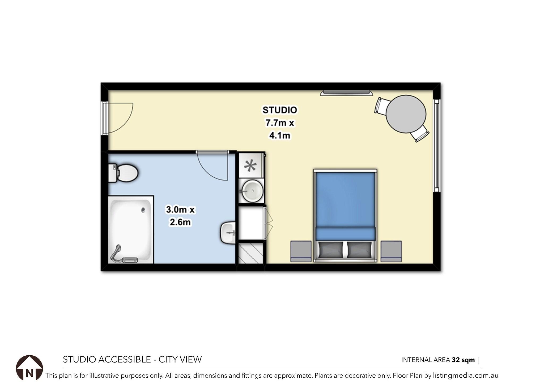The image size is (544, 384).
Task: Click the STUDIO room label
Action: [x=279, y=110]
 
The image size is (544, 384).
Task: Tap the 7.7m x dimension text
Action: [x=279, y=123]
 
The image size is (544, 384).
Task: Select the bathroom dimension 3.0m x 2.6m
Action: [x=180, y=216]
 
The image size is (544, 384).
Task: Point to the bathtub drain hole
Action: [x=143, y=210]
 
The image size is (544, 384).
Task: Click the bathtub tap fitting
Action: [x=116, y=252]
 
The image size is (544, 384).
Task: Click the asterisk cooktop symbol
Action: [x=250, y=165]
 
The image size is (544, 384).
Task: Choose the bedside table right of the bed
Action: [x=391, y=251]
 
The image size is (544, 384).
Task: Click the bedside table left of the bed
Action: [x=301, y=251]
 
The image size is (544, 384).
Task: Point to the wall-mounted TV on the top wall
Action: [x=346, y=93]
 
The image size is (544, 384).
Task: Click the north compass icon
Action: [x=29, y=368]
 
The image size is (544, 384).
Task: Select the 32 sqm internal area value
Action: [x=463, y=360]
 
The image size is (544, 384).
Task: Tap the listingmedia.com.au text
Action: [x=465, y=376]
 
